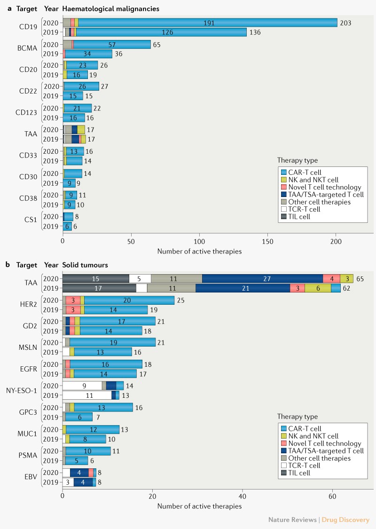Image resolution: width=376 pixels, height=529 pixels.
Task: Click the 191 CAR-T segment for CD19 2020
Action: click(x=208, y=23)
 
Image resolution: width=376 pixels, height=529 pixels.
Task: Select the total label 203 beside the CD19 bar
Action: click(x=345, y=23)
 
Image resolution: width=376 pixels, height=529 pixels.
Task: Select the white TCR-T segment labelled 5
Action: click(x=140, y=278)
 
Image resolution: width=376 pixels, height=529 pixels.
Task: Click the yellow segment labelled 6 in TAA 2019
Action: click(x=318, y=288)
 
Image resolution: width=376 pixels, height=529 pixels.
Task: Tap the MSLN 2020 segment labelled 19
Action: click(x=112, y=342)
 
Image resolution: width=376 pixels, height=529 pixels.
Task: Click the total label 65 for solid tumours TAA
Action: click(x=360, y=278)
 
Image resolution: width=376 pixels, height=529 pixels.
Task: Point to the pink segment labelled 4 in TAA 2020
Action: click(x=331, y=278)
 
